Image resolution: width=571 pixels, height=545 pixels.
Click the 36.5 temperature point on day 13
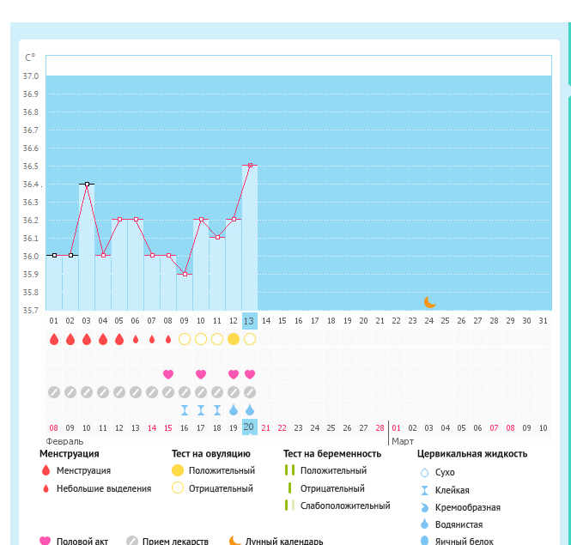click(250, 165)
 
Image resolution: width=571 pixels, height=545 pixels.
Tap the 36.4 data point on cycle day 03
click(87, 184)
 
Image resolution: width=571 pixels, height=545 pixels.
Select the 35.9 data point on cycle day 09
click(185, 274)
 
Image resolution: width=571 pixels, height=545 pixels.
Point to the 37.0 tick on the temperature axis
click(30, 76)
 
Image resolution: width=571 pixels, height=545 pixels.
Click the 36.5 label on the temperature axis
click(30, 166)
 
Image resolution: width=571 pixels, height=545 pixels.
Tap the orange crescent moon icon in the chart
click(430, 302)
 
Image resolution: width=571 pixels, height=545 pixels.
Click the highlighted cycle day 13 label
click(250, 321)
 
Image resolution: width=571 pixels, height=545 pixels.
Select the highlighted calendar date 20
click(250, 427)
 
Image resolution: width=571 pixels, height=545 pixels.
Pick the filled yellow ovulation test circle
click(234, 339)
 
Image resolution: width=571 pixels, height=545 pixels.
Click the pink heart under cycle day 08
click(168, 374)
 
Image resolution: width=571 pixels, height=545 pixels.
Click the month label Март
click(402, 441)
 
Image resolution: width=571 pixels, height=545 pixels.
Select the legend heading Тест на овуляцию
click(211, 454)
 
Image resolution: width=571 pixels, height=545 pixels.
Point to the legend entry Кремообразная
click(469, 507)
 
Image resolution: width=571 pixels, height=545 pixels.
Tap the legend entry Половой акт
click(82, 541)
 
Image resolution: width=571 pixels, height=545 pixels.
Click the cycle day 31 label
click(542, 321)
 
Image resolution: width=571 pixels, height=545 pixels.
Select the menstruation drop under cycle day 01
click(54, 339)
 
